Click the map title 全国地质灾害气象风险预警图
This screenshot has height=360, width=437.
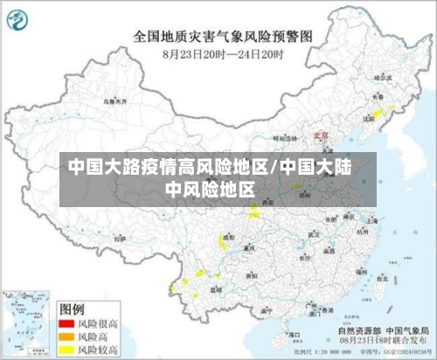point(223,37)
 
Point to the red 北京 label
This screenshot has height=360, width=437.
point(320,135)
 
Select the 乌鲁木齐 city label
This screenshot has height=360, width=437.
point(115,101)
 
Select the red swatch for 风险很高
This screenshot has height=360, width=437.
point(66,323)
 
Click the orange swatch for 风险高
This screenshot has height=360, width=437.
point(66,336)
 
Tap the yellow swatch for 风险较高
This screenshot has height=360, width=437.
point(66,350)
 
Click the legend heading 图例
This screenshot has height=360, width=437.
point(72,308)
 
